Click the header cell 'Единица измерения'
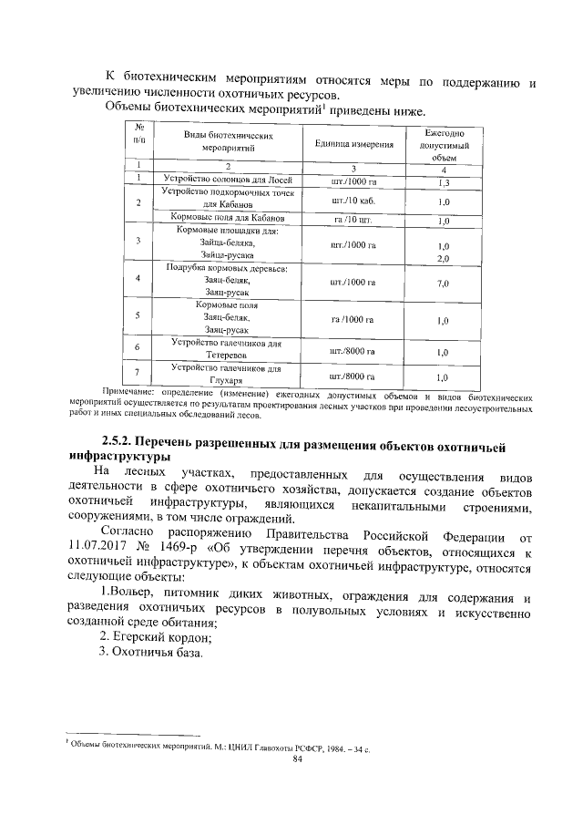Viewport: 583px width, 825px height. [354, 144]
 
